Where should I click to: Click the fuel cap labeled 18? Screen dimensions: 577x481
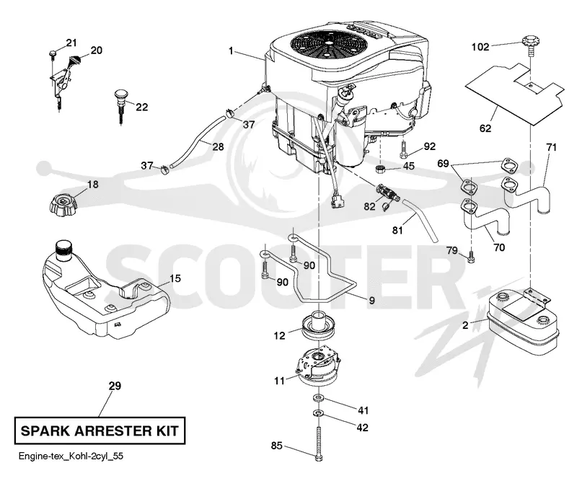click(x=62, y=203)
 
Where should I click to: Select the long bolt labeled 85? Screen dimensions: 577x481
click(x=318, y=444)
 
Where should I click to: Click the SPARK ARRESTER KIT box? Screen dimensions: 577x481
click(x=100, y=431)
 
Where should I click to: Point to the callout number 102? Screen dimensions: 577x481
click(x=480, y=47)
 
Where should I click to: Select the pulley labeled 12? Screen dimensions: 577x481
click(x=318, y=325)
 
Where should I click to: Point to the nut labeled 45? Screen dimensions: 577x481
click(x=380, y=169)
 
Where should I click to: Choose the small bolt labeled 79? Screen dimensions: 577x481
click(x=471, y=257)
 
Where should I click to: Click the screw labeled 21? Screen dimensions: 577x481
click(x=52, y=55)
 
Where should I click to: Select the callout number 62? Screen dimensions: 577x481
click(x=485, y=128)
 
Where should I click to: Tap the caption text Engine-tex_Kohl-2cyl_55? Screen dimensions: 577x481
click(x=71, y=456)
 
